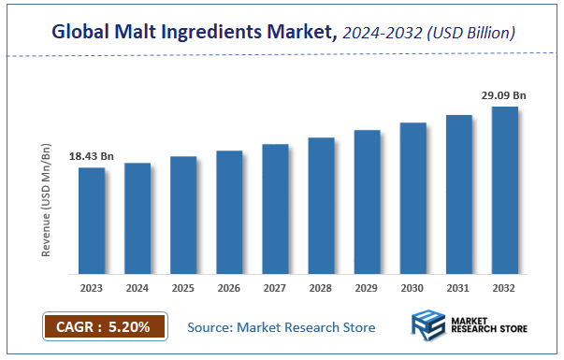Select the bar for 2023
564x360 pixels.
coord(91,221)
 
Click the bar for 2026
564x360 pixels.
coord(229,212)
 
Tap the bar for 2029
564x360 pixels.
coord(367,202)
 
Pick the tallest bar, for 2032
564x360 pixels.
coord(505,191)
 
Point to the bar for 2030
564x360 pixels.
coord(412,198)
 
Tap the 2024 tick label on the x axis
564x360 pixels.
coord(137,289)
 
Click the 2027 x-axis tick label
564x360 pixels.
coord(275,289)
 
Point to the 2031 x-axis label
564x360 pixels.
coord(459,289)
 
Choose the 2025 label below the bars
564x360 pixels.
coord(183,289)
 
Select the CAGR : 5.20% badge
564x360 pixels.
coord(104,327)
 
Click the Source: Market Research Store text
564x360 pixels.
coord(282,327)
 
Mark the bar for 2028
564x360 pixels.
coord(321,206)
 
